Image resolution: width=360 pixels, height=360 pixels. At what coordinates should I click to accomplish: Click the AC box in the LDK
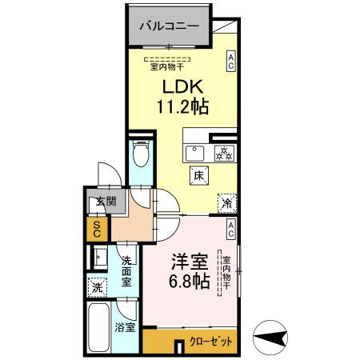(230, 62)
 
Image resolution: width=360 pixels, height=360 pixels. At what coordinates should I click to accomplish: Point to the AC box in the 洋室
(230, 231)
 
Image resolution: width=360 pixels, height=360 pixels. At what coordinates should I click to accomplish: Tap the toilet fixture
(140, 153)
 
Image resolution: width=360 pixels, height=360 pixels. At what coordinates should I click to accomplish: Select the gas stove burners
(224, 153)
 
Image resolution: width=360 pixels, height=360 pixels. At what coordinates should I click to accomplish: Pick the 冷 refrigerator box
(226, 204)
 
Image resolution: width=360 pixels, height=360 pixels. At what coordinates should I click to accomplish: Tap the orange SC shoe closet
(96, 230)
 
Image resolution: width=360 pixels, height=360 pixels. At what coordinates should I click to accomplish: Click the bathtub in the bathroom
(99, 328)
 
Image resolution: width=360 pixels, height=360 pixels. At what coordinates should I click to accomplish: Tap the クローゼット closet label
(213, 341)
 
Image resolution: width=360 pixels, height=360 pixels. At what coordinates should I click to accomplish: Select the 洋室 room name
(190, 262)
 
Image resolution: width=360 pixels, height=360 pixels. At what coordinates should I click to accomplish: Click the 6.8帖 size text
(190, 282)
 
